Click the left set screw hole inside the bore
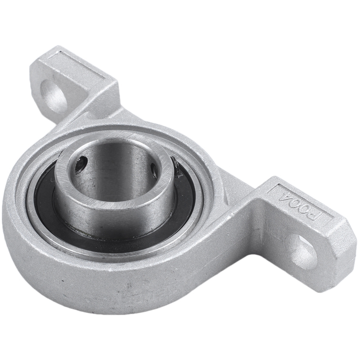click(x=81, y=164)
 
